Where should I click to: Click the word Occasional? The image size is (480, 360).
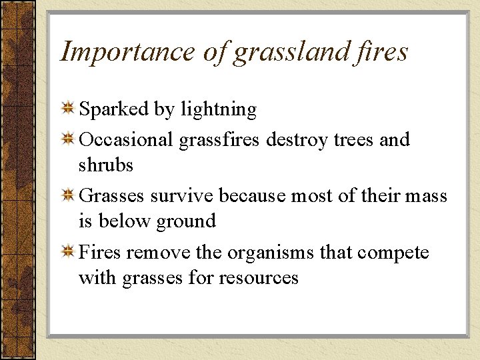pyautogui.click(x=127, y=140)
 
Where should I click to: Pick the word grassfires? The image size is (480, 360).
pyautogui.click(x=221, y=141)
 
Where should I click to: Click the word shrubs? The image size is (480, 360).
pyautogui.click(x=106, y=165)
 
